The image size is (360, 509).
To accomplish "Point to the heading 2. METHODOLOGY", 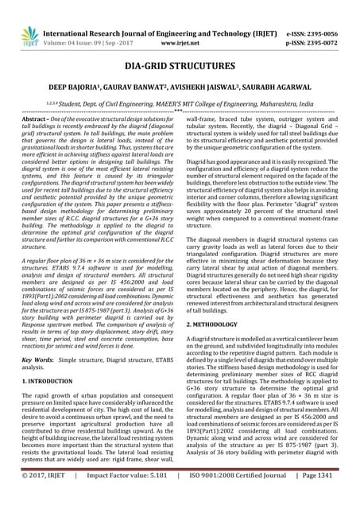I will pyautogui.click(x=215, y=324).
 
